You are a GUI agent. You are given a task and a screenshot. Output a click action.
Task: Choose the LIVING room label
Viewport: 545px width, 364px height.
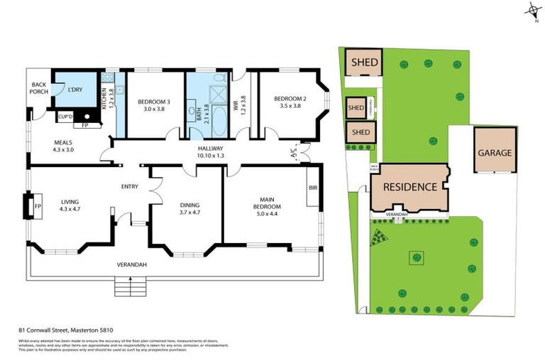coord(70,205)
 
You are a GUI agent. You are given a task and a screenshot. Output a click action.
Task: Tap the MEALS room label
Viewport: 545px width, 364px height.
coord(63,145)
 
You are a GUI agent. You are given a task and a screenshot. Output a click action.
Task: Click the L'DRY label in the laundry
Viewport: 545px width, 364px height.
coord(75,90)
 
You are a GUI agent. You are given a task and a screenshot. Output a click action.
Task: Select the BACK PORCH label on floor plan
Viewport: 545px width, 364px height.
coord(39,87)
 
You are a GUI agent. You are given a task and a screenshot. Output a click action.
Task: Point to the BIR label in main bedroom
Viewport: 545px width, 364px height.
coord(312,188)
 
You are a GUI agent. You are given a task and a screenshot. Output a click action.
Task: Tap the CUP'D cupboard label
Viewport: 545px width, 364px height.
coord(66,116)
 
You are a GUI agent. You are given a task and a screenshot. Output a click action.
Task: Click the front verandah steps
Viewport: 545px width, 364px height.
coord(128,287)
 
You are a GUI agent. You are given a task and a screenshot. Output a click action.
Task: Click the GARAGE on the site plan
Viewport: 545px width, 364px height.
coord(495,152)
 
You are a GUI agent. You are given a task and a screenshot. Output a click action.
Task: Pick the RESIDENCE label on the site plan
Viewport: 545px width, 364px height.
coord(409,188)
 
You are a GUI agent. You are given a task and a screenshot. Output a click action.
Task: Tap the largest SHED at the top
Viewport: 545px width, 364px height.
coord(363,62)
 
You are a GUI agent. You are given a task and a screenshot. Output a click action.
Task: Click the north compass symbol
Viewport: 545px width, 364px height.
coord(533,11)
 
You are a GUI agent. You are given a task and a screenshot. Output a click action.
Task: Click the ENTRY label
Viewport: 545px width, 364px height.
coord(130,187)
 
